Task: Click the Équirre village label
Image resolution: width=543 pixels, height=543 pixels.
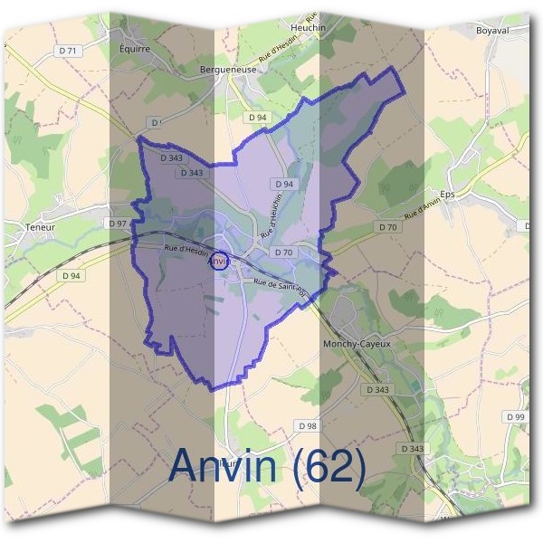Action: [x=135, y=49]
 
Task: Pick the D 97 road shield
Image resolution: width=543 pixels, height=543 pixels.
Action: [x=117, y=223]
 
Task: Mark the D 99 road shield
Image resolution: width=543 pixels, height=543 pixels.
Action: [x=515, y=416]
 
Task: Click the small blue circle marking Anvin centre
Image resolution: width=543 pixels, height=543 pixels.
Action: [x=219, y=262]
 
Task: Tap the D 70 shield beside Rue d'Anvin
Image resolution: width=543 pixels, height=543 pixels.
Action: [x=387, y=226]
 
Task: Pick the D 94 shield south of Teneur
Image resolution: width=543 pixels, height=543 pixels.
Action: [x=71, y=275]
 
